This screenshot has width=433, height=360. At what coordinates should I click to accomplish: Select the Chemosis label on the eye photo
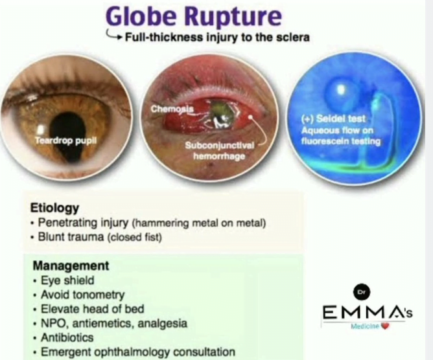click(169, 108)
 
